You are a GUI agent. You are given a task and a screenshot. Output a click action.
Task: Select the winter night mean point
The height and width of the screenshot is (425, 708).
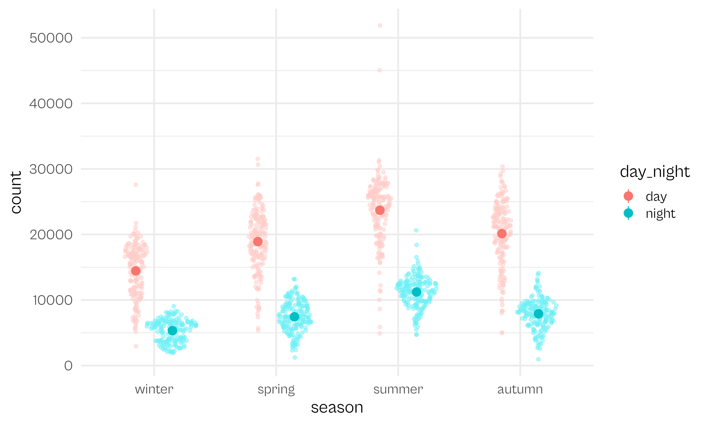coord(172,330)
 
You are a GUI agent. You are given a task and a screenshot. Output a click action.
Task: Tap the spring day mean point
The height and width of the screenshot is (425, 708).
coord(258,241)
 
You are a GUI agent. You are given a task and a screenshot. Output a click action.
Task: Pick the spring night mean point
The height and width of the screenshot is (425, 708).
coord(295,317)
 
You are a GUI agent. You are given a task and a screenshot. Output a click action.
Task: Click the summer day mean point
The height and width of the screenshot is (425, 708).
coord(380,210)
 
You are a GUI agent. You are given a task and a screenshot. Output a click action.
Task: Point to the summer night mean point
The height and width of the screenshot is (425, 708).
coord(416,292)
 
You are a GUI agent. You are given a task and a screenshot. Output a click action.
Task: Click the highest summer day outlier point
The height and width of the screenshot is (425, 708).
coord(380,25)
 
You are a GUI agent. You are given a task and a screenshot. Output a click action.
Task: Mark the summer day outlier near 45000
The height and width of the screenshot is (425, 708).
coord(380,70)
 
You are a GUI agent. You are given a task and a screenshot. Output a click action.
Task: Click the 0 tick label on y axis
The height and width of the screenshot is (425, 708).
coord(68,366)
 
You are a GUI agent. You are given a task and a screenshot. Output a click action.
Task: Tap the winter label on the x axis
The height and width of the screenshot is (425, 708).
coord(154,389)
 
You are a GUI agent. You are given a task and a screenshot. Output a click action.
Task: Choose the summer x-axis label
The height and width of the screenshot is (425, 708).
coord(398,389)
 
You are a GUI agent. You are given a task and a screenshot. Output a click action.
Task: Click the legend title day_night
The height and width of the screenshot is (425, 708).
coord(655,172)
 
